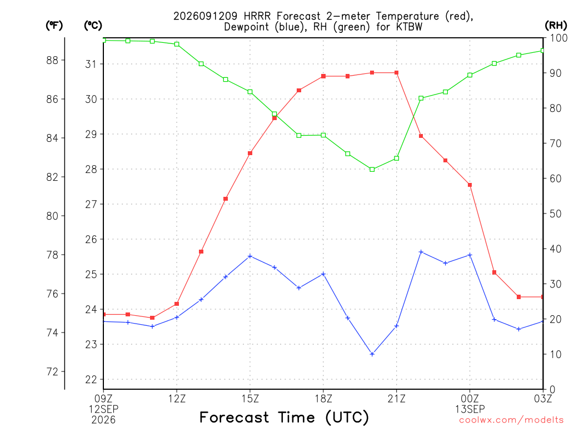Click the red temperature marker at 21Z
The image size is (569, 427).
pyautogui.click(x=397, y=73)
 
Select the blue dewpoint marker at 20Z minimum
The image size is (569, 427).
pyautogui.click(x=372, y=354)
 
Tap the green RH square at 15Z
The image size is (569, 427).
pyautogui.click(x=250, y=92)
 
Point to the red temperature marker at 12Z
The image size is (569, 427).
pyautogui.click(x=177, y=304)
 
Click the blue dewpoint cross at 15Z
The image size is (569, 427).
pyautogui.click(x=250, y=256)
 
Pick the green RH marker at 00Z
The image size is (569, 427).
pyautogui.click(x=470, y=75)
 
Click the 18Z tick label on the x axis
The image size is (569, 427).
pyautogui.click(x=323, y=399)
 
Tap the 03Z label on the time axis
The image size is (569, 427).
pyautogui.click(x=543, y=399)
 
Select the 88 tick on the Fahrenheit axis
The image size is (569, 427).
pyautogui.click(x=52, y=60)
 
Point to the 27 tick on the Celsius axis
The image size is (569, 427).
pyautogui.click(x=91, y=205)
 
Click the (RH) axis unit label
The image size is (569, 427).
pyautogui.click(x=556, y=25)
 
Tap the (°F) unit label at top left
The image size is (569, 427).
pyautogui.click(x=54, y=26)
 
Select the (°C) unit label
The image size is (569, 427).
pyautogui.click(x=93, y=26)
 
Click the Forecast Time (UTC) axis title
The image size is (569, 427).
pyautogui.click(x=284, y=417)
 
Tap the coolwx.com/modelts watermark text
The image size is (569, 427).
pyautogui.click(x=511, y=420)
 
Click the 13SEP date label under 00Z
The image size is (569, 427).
pyautogui.click(x=470, y=409)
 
